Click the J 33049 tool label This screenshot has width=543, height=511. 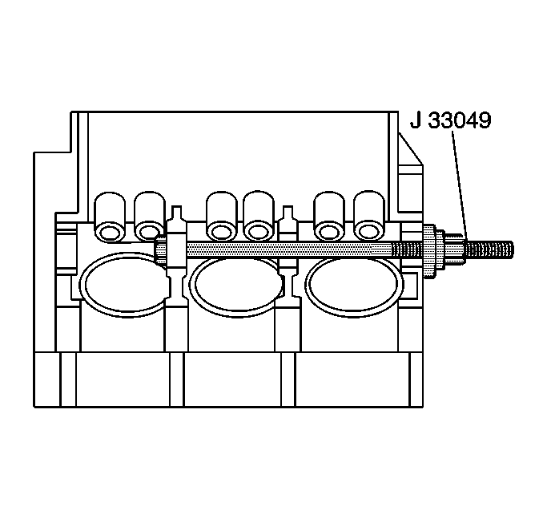coord(451,120)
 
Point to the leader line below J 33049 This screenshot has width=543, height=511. coord(459,185)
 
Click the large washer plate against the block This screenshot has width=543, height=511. coord(429,251)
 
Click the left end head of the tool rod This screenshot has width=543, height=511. coord(161,250)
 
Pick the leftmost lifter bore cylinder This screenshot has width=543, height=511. coord(110,216)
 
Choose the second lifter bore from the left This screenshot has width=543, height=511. coord(149,215)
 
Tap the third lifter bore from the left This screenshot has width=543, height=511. coord(221,216)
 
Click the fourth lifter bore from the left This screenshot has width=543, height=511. coord(259,215)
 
